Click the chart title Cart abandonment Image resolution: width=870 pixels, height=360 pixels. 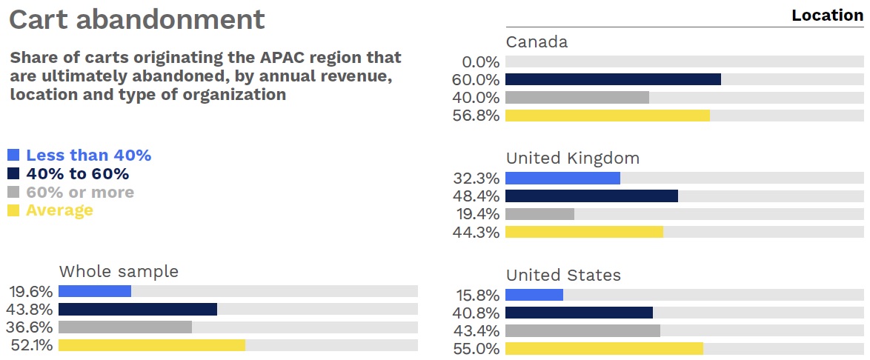(x=136, y=20)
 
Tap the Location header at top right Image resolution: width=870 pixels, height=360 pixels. (x=827, y=16)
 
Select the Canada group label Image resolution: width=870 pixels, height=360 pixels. (x=537, y=42)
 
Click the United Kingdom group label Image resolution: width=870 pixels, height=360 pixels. (x=572, y=159)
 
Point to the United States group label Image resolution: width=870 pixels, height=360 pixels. (x=563, y=276)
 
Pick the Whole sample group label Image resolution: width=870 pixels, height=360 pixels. (x=119, y=271)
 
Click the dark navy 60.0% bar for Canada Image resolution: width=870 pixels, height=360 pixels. (x=613, y=79)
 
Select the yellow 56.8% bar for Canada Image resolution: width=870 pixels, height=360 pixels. (x=607, y=116)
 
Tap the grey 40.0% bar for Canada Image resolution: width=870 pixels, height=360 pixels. (x=577, y=98)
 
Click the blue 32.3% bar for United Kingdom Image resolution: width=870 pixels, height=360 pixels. (x=562, y=178)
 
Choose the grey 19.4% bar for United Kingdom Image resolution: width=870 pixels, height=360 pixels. (x=539, y=214)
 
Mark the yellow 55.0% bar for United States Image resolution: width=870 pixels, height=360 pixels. (x=604, y=348)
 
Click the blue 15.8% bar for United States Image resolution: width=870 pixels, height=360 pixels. (x=534, y=295)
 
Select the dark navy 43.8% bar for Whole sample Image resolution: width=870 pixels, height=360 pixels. (x=137, y=309)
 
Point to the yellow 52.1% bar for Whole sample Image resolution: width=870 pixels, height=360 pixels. (x=151, y=345)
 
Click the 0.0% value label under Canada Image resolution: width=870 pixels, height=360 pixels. (x=480, y=62)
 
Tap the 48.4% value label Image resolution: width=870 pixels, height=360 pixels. (x=476, y=196)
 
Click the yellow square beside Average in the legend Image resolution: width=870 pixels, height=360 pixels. (x=13, y=210)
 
